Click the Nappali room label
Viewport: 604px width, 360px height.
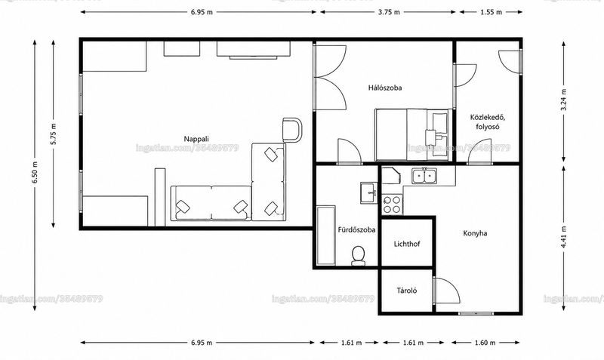coord(196,139)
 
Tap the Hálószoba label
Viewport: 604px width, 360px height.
coord(385,88)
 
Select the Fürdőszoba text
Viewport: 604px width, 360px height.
coord(356,230)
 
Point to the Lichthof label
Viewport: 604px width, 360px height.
coord(407,244)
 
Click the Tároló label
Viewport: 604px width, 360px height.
coord(407,291)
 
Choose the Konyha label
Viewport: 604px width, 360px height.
coord(475,233)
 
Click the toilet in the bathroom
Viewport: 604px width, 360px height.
coord(358,256)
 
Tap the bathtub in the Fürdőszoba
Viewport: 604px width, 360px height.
coord(326,235)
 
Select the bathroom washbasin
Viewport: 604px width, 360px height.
coord(369,192)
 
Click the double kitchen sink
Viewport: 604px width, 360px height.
coord(424,177)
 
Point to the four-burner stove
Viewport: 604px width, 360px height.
coord(392,205)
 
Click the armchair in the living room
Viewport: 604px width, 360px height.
coord(292,130)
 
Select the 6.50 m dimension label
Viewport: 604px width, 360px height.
coord(35,172)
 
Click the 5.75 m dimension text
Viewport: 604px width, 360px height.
coord(54,134)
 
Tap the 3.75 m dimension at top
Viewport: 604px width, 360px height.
coord(389,12)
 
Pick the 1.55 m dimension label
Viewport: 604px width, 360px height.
coord(492,12)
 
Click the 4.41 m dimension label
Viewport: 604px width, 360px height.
coord(563,237)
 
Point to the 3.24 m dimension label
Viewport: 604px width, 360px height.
coord(563,100)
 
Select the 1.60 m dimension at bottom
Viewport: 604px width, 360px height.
coord(485,343)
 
